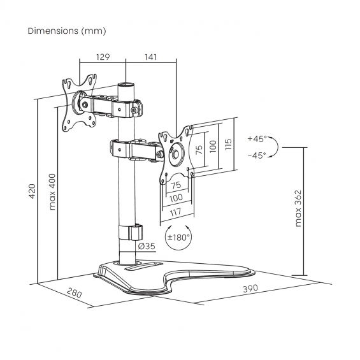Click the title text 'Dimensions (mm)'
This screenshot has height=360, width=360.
67,31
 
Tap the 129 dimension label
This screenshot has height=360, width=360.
103,57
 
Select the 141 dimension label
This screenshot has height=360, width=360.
150,57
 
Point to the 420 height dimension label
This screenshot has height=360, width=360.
32,191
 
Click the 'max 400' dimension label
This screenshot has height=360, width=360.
52,192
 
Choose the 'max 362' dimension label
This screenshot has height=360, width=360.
298,208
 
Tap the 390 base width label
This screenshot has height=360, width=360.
250,289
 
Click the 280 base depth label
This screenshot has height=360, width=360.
74,292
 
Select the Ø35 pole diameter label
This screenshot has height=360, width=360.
147,247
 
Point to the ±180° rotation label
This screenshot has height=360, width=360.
178,237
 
